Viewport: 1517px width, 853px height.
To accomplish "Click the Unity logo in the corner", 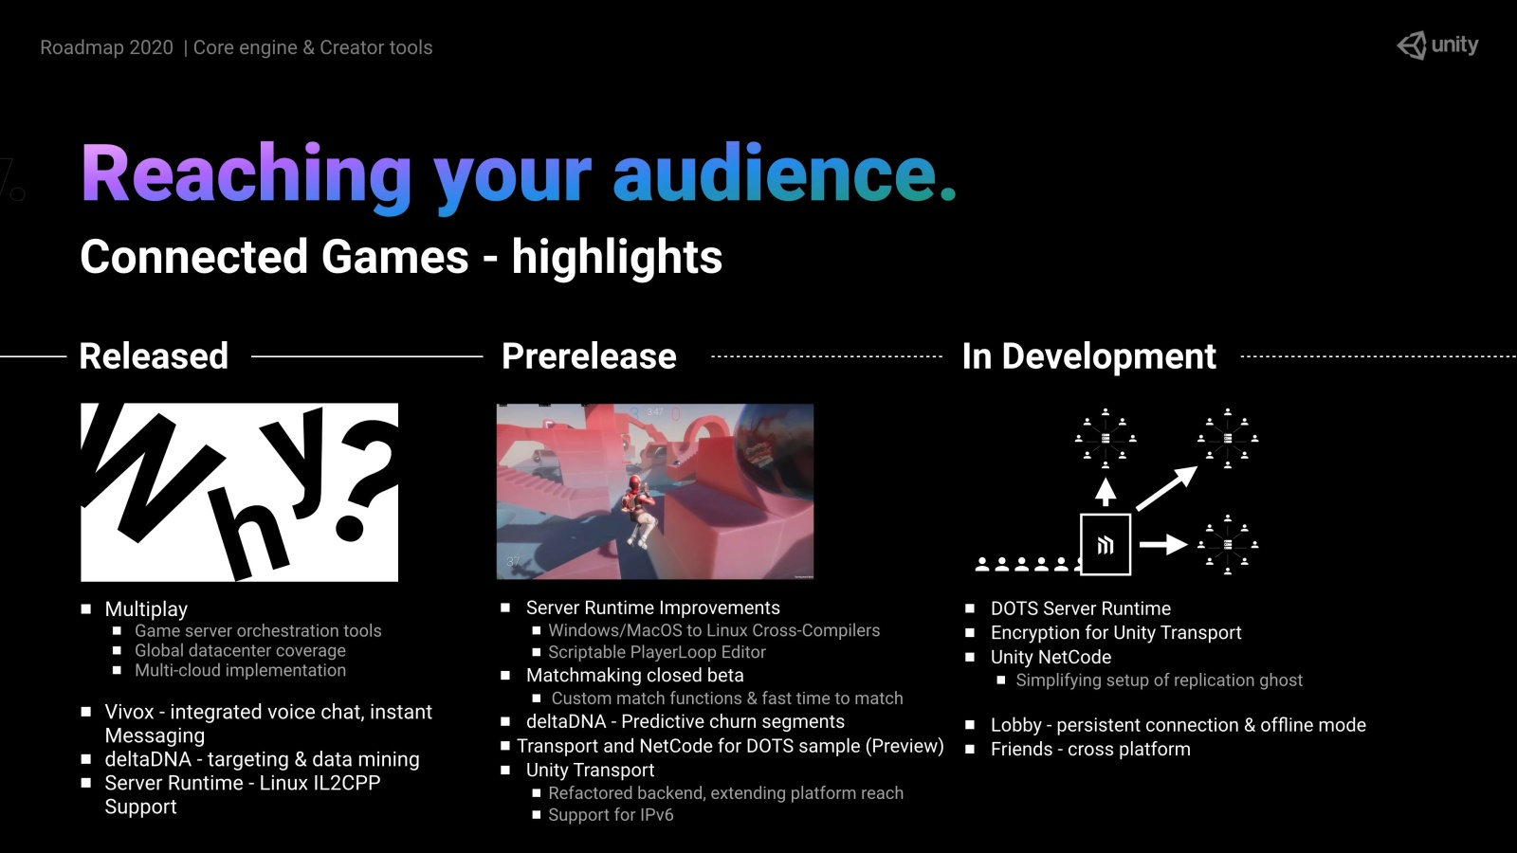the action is click(x=1437, y=45).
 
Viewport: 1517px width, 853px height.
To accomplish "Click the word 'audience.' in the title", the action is click(x=784, y=173).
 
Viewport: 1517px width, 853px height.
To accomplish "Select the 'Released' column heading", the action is click(x=154, y=356).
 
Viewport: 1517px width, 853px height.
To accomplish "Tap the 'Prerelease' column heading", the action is click(x=589, y=356).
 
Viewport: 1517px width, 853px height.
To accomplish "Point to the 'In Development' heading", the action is click(x=1089, y=356).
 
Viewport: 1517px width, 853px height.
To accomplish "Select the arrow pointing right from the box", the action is click(x=1163, y=544).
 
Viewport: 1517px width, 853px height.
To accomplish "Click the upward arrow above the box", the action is click(x=1106, y=492).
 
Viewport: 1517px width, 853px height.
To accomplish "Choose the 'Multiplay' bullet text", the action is click(x=146, y=609).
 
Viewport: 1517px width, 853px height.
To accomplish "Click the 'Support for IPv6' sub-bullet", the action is click(x=611, y=814).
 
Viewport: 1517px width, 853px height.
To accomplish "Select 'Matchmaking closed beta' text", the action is click(x=634, y=675).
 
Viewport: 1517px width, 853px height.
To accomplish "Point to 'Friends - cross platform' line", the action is click(x=1090, y=750).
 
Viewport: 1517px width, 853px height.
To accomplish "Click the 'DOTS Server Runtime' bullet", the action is click(x=1081, y=608).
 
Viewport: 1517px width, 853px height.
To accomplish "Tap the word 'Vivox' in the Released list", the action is click(x=129, y=712).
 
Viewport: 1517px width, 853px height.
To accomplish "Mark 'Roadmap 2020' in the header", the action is click(x=106, y=47).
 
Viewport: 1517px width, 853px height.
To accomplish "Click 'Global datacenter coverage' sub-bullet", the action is click(x=241, y=650).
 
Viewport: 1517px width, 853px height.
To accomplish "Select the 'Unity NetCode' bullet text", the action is click(x=1051, y=657).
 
